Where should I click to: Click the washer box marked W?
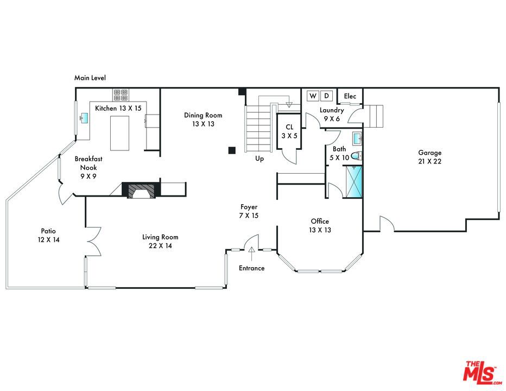313,96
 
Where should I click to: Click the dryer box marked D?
327,96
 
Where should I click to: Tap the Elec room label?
350,96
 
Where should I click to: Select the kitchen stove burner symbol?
121,95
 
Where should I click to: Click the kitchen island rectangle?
120,133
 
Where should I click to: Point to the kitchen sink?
85,118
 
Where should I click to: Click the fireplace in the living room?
141,190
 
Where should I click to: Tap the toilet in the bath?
357,156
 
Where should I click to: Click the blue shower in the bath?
353,181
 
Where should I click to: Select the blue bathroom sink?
358,138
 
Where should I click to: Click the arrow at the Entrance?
251,254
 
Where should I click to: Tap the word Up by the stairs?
260,159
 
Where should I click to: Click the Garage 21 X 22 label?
429,157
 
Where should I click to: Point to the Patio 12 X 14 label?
48,235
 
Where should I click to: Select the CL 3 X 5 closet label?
289,131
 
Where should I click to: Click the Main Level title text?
90,78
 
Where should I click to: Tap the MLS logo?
482,373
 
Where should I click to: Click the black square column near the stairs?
232,150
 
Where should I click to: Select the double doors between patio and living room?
94,242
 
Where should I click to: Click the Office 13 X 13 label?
320,225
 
